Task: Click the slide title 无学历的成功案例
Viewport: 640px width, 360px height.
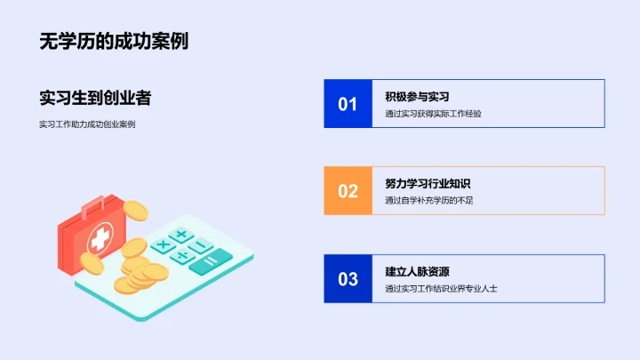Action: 113,41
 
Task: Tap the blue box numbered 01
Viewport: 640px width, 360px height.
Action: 348,103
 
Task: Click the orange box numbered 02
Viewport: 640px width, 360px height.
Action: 348,190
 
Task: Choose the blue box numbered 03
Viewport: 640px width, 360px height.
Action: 348,278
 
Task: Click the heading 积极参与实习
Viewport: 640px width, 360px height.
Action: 417,96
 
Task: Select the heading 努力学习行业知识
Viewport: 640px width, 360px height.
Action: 428,183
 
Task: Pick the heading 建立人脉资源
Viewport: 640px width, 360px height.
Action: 417,271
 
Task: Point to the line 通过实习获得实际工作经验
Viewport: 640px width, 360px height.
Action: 433,114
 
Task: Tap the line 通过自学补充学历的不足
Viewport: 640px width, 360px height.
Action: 429,201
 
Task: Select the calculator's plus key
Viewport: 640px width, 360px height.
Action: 181,235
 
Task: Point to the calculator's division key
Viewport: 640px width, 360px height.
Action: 184,256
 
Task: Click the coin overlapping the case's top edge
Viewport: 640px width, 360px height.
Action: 134,212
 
